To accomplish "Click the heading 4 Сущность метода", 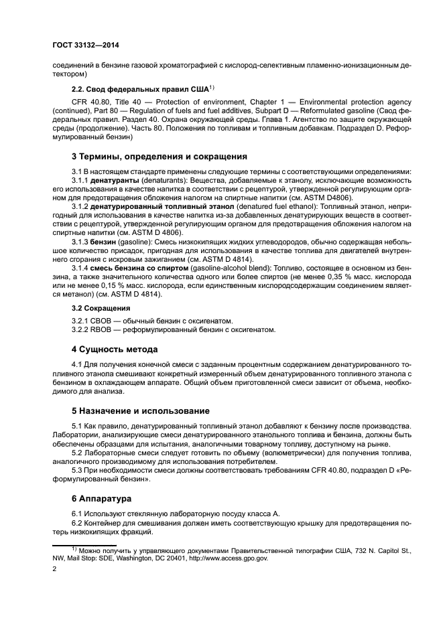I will pos(115,349).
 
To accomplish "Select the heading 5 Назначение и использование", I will pos(141,410).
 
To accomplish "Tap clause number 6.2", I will pos(79,523).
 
